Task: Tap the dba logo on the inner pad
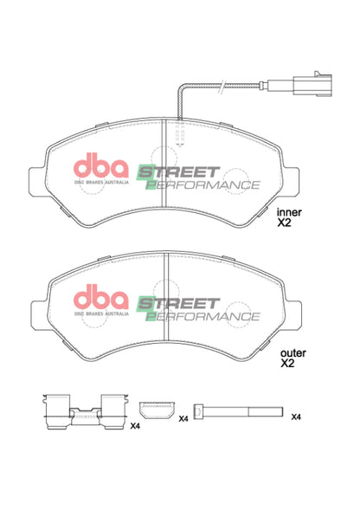pos(101,166)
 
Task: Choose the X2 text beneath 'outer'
pos(287,364)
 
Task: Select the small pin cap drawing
pos(156,410)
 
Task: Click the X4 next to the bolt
pos(296,417)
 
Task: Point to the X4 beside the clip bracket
pos(134,426)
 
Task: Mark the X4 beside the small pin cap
pos(183,419)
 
